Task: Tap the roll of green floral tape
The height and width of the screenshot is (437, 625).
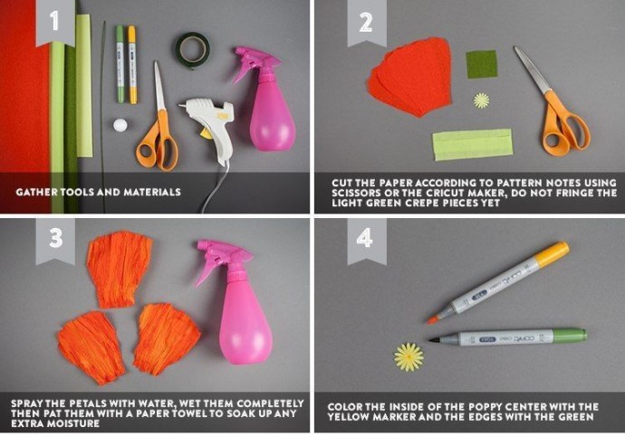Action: tap(193, 50)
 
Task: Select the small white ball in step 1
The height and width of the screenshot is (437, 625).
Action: tap(120, 125)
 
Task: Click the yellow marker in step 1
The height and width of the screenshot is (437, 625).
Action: tap(132, 65)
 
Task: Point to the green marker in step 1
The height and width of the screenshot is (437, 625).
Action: tap(120, 64)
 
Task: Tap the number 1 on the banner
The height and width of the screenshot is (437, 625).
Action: tap(54, 20)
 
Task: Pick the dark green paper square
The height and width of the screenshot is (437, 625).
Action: tap(482, 64)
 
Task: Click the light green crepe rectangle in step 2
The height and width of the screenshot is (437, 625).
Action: tap(473, 144)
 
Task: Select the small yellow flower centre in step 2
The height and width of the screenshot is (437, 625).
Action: tap(482, 100)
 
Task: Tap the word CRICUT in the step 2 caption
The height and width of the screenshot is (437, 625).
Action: tap(445, 193)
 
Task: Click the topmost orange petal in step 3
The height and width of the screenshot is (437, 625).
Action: tap(119, 269)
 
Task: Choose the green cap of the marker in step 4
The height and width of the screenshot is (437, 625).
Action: tap(570, 336)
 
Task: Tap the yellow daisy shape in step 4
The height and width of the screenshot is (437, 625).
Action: tap(409, 357)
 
